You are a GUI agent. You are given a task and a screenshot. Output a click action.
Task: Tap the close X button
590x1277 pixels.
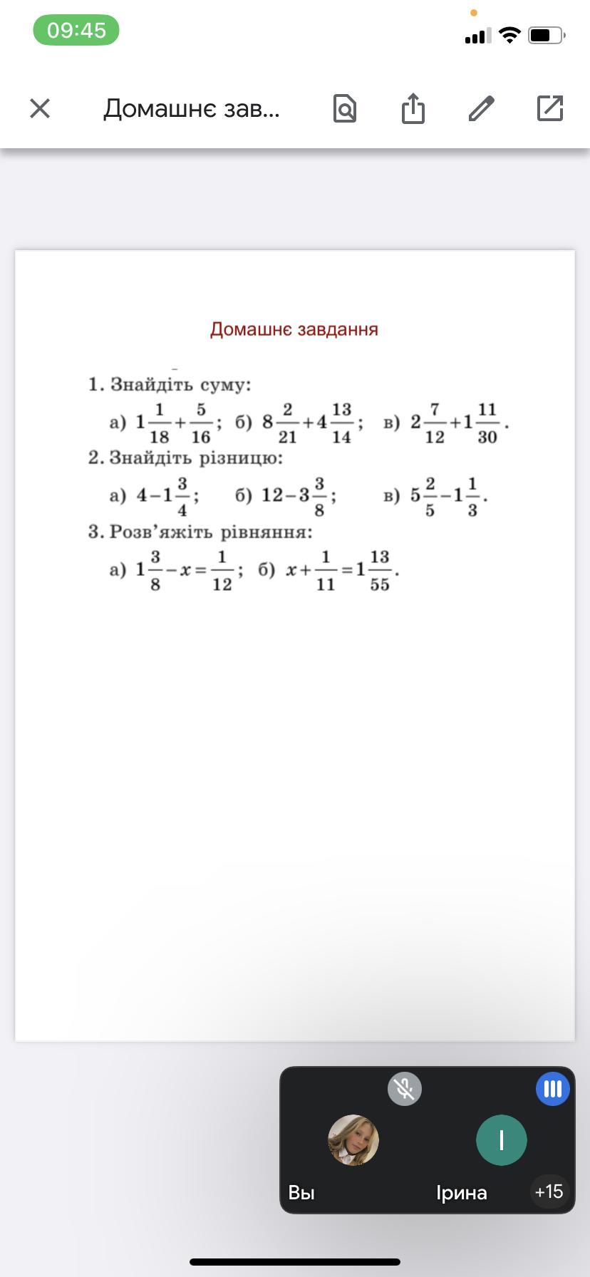tap(40, 108)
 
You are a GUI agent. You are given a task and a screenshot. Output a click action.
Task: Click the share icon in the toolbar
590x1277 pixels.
tap(413, 108)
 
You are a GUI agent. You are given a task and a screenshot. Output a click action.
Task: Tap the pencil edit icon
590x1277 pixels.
tap(482, 108)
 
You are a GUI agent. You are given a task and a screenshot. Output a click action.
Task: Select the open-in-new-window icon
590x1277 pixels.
tap(550, 108)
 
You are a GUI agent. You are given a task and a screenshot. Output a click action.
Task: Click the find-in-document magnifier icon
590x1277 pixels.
tap(345, 108)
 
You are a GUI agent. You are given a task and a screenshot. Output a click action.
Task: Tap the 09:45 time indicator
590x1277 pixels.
tap(76, 30)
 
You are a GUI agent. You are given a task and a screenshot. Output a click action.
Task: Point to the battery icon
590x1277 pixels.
tap(545, 35)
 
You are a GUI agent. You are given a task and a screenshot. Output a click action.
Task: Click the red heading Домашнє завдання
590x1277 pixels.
tap(294, 329)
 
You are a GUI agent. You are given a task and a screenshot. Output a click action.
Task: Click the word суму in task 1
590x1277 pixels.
tap(226, 386)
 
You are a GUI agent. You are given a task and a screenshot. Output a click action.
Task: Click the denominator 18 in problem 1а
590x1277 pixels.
tap(159, 437)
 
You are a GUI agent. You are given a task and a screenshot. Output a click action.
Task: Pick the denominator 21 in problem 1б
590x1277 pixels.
tap(287, 437)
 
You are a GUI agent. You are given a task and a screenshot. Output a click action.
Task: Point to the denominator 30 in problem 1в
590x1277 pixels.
tap(487, 437)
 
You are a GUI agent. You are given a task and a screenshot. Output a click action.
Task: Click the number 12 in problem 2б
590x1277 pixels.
tap(272, 495)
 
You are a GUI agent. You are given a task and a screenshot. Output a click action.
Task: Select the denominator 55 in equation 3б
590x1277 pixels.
tap(380, 585)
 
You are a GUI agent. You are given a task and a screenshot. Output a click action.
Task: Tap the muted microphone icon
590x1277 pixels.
tap(405, 1089)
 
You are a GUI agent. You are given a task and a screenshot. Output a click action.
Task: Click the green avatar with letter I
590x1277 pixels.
tap(502, 1140)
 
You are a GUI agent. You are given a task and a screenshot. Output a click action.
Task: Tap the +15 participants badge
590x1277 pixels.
tap(549, 1191)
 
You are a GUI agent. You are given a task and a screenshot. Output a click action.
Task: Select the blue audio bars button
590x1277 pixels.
tap(553, 1089)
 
